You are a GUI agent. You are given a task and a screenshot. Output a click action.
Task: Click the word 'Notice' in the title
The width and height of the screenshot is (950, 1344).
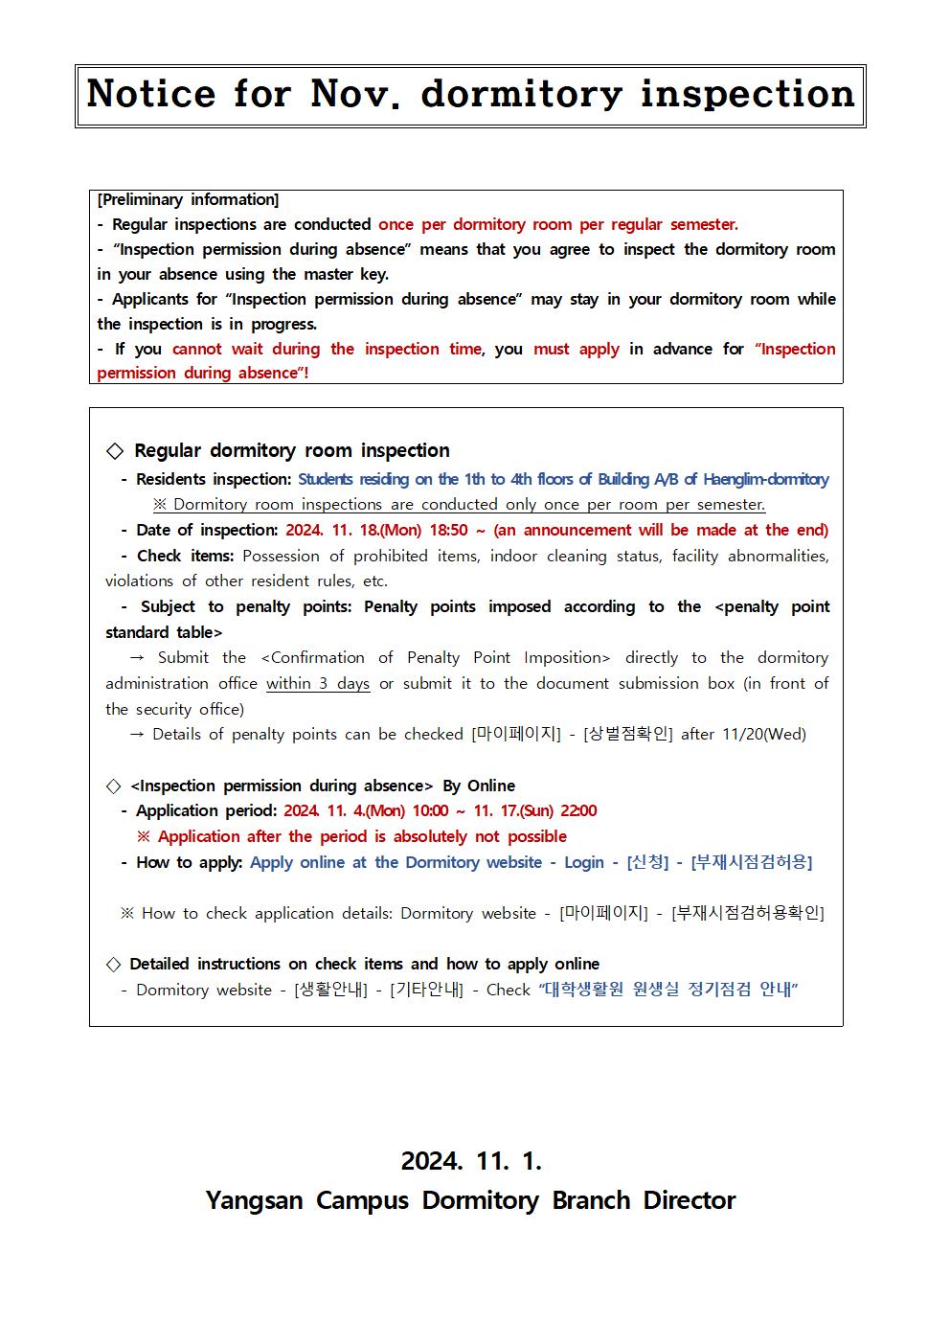150,94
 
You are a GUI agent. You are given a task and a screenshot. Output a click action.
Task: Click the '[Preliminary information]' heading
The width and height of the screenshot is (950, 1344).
188,200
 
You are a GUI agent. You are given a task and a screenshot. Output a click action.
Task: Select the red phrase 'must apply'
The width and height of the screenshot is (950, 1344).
577,349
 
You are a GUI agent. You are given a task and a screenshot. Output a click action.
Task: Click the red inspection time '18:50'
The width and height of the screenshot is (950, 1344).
445,530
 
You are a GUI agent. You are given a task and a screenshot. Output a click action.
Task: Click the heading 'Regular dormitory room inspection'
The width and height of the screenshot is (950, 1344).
291,450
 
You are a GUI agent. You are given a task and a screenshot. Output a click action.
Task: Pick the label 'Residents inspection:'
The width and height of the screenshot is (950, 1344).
213,479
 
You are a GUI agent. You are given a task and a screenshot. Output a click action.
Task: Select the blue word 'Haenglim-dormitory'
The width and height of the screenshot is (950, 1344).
765,479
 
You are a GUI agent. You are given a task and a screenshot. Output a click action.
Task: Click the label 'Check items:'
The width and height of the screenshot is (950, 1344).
185,556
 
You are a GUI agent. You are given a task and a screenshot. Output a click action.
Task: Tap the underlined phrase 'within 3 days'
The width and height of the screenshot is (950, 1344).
318,683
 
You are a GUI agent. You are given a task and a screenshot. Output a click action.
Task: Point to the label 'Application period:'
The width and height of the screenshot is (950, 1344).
206,810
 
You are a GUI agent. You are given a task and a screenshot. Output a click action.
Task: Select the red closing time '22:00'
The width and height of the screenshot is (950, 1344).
578,810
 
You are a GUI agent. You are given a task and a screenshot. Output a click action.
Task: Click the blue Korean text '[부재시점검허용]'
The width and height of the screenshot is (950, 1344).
751,862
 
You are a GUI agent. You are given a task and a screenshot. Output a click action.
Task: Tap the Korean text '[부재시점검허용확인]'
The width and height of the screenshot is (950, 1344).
747,913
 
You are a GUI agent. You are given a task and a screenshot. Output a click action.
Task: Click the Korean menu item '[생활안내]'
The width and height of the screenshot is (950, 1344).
330,990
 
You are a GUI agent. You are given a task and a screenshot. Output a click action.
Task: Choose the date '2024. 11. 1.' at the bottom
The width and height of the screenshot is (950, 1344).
471,1161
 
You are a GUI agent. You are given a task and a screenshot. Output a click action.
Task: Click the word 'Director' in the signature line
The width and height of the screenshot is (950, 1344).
689,1200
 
